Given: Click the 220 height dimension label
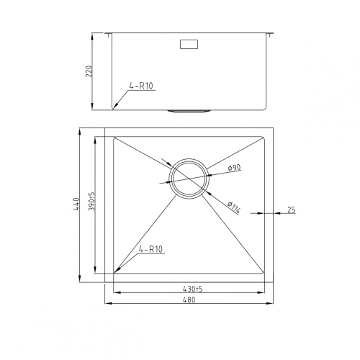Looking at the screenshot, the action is pyautogui.click(x=89, y=71).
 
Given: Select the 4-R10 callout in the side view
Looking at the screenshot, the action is pyautogui.click(x=141, y=86).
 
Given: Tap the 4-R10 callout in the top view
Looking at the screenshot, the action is pyautogui.click(x=150, y=249).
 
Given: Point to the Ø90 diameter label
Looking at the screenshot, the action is pyautogui.click(x=234, y=168).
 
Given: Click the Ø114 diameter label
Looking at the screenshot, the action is pyautogui.click(x=234, y=207).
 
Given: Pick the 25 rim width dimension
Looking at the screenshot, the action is pyautogui.click(x=291, y=210).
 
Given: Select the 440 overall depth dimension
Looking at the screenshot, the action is pyautogui.click(x=76, y=204).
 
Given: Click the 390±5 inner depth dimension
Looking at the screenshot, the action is pyautogui.click(x=91, y=202).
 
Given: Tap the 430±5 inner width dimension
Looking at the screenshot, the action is pyautogui.click(x=192, y=289).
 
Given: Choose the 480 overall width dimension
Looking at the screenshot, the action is pyautogui.click(x=189, y=300).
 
